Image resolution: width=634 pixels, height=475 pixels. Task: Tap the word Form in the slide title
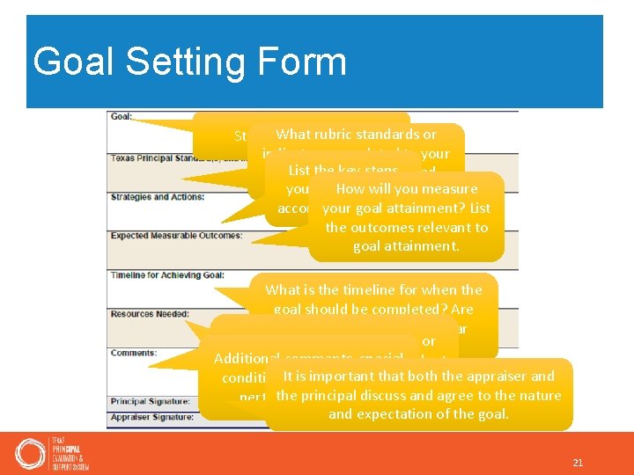click(301, 62)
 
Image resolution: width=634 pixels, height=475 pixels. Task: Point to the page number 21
click(579, 463)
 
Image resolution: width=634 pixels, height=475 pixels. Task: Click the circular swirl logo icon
click(31, 453)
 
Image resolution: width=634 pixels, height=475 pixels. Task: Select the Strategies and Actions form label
click(157, 197)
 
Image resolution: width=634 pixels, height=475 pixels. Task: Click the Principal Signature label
click(151, 401)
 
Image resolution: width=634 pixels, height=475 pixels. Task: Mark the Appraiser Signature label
click(152, 417)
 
